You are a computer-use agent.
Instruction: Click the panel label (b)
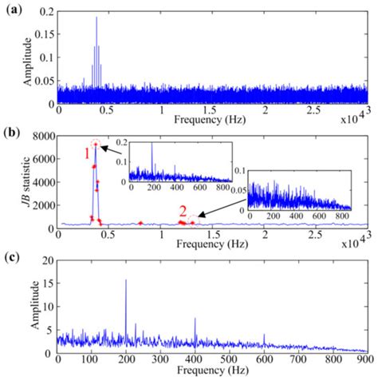coord(14,131)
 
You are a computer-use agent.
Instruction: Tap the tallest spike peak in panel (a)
coord(96,18)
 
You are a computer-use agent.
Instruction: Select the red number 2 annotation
coord(183,212)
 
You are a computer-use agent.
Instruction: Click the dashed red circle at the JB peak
coord(96,144)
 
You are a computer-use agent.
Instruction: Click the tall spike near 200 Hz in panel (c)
coord(126,280)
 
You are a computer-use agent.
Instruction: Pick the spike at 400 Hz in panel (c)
coord(195,319)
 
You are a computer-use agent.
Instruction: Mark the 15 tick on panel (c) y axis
coord(49,284)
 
